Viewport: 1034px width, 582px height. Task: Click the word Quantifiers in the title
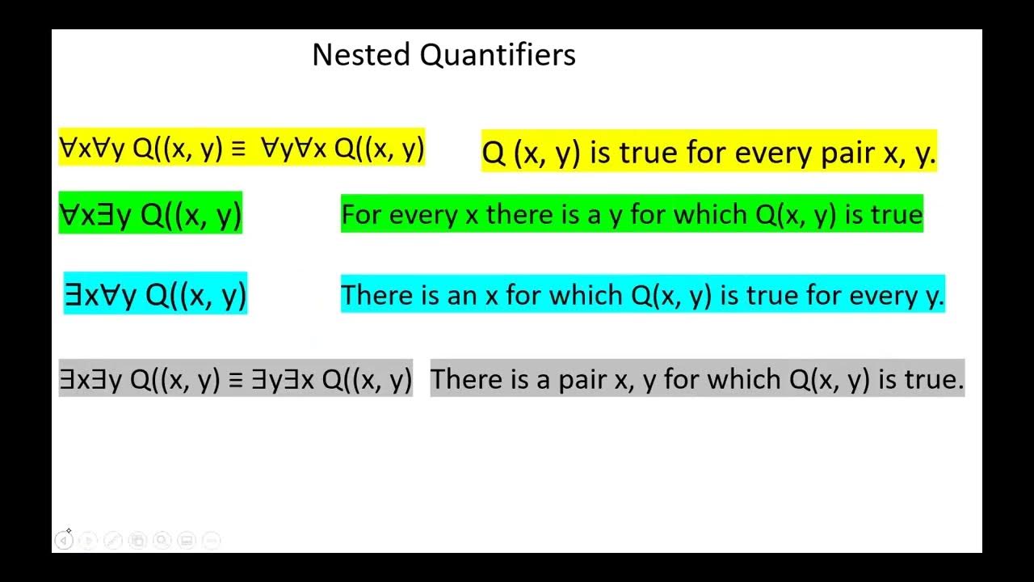coord(498,56)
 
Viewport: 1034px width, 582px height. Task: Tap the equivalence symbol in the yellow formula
coord(238,149)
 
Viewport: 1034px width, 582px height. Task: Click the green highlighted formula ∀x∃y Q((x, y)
coord(150,215)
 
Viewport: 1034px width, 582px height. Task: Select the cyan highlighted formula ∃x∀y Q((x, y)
coord(155,295)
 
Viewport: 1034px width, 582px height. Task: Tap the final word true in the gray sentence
coord(938,380)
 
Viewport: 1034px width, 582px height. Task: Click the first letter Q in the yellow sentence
coord(494,153)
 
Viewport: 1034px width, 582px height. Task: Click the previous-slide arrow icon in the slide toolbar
coord(64,540)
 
